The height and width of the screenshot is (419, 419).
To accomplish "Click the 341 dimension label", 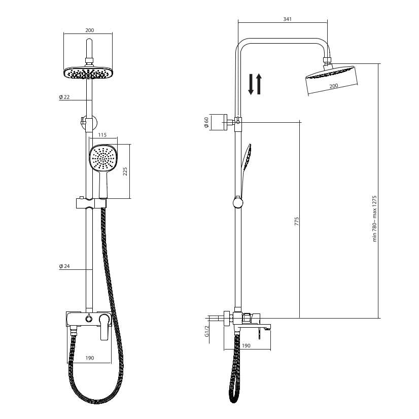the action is tap(287, 19).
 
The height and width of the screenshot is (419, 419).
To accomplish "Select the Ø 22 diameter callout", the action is tap(64, 97).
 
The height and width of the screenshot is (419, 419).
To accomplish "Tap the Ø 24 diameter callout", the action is tap(64, 266).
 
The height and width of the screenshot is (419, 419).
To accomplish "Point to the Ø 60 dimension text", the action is tap(206, 122).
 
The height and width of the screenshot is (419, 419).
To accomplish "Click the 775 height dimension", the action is tap(297, 221).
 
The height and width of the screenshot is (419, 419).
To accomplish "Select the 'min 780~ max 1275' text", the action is tap(375, 219).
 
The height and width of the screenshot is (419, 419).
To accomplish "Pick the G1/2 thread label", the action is tap(207, 331).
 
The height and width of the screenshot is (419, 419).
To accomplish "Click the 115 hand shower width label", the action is tap(102, 135).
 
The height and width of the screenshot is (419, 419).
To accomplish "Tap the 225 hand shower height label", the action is tap(125, 171).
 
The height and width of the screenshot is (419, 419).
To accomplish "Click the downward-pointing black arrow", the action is tap(251, 84).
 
